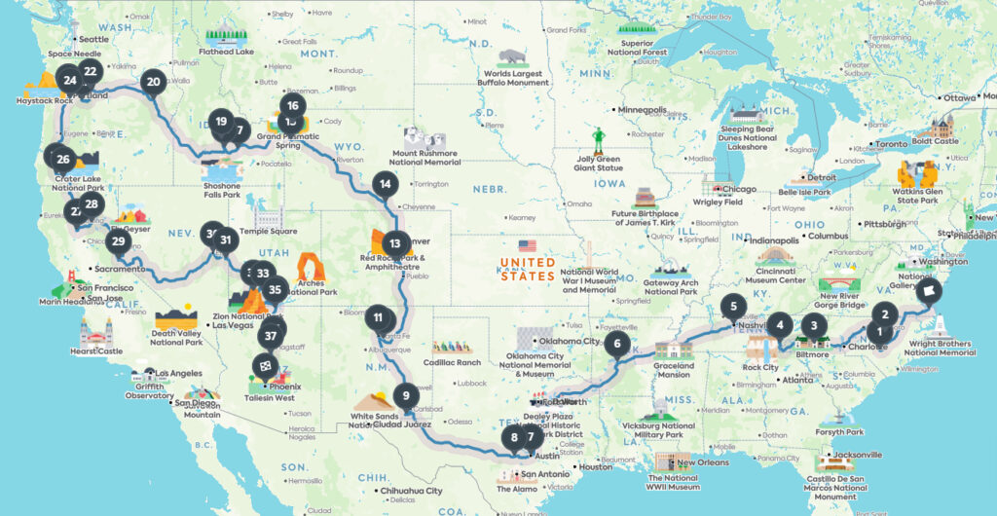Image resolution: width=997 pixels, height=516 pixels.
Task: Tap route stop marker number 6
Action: [616, 343]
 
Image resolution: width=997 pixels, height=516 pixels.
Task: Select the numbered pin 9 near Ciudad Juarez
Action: [403, 396]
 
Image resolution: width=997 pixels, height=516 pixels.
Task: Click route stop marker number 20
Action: [153, 83]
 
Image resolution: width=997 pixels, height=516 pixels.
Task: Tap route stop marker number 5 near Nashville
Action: [734, 306]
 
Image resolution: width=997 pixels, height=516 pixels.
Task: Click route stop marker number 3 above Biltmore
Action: [813, 326]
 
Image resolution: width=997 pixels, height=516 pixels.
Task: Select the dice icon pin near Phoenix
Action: [264, 363]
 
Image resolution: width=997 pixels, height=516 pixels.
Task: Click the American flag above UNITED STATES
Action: [528, 246]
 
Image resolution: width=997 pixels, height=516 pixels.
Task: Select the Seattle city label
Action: [93, 39]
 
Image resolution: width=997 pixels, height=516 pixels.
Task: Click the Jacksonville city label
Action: [856, 455]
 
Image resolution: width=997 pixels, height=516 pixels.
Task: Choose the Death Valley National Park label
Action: [176, 337]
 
